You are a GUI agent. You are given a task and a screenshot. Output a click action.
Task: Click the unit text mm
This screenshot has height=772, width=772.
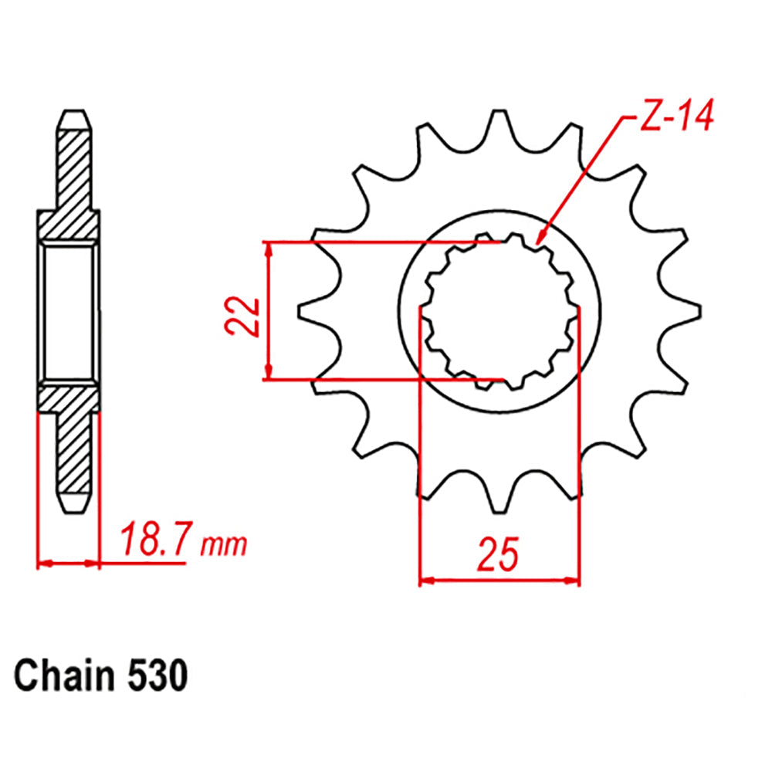coord(224,545)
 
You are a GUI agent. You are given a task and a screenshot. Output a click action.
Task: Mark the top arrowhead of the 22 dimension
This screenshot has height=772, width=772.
coord(268,249)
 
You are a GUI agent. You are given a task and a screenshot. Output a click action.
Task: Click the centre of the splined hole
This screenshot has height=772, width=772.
coord(499,312)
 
